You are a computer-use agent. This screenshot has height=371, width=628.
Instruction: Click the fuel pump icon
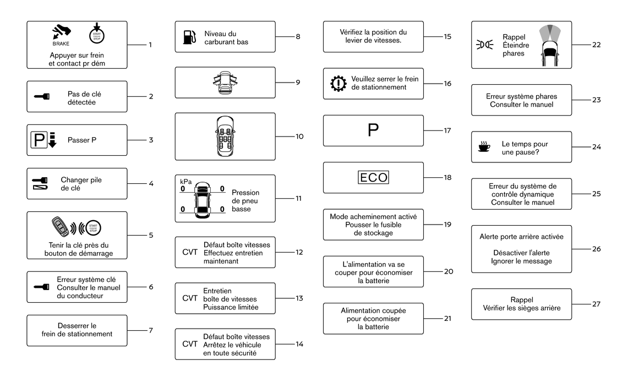[189, 37]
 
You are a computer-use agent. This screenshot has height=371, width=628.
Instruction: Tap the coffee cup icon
[484, 146]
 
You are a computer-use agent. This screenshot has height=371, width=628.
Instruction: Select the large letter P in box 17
[373, 130]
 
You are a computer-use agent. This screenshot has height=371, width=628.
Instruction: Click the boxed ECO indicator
[373, 177]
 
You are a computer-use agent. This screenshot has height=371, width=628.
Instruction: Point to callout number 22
[597, 45]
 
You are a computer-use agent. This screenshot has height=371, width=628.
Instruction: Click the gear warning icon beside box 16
[338, 83]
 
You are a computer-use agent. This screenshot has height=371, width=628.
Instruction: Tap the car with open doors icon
[225, 83]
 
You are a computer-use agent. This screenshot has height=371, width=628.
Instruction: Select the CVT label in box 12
[190, 252]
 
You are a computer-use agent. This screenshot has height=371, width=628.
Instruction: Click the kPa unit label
[186, 182]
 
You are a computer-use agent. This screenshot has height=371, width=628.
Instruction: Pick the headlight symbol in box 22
[484, 45]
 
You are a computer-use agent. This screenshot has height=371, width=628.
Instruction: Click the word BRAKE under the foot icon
[61, 43]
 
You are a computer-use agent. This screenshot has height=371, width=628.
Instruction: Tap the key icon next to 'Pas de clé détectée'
[42, 96]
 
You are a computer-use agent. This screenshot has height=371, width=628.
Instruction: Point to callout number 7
[151, 330]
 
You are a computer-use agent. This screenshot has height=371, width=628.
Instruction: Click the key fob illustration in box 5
[61, 227]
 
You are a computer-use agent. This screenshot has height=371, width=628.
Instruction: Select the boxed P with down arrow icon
[43, 140]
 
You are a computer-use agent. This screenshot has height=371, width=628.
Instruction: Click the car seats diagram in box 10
[225, 136]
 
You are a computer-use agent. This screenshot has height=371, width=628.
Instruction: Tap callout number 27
[597, 304]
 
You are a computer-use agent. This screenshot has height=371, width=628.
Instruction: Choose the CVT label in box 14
[190, 344]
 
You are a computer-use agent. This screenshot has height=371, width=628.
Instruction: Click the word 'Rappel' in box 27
[521, 300]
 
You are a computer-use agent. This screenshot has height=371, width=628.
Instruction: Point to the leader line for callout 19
[433, 225]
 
